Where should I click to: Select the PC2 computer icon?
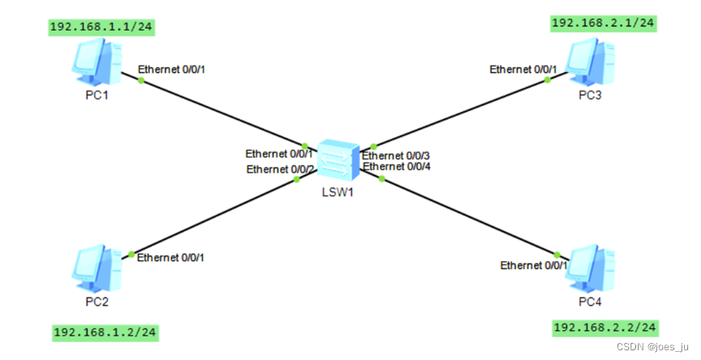pos(97,268)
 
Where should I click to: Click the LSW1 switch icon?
pos(336,160)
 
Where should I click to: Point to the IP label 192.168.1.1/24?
pos(101,27)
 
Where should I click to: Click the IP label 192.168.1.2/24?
pos(105,332)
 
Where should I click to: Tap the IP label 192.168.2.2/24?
pos(605,328)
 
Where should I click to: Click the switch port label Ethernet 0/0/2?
pos(280,169)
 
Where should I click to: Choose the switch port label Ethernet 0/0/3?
pos(396,156)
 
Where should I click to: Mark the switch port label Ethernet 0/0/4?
pos(396,167)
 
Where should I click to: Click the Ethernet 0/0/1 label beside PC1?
pos(171,69)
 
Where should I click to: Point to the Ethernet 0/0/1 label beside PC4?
pos(533,265)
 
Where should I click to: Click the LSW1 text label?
pos(338,193)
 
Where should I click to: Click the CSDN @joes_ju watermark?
pos(652,345)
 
